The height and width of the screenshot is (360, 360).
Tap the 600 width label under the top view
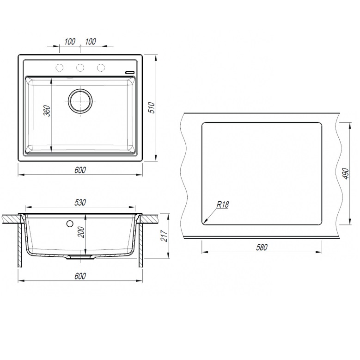pyautogui.click(x=80, y=170)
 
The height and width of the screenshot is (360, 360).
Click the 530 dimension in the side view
pyautogui.click(x=81, y=203)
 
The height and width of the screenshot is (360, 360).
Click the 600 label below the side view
pyautogui.click(x=80, y=276)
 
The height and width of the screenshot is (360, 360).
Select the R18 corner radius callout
pyautogui.click(x=222, y=204)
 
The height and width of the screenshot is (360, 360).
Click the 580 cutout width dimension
pyautogui.click(x=262, y=247)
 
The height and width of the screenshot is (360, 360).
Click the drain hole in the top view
pyautogui.click(x=80, y=100)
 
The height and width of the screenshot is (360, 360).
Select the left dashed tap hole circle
pyautogui.click(x=60, y=68)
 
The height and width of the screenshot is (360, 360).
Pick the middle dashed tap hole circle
pyautogui.click(x=80, y=68)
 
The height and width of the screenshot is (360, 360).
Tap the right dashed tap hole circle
pyautogui.click(x=101, y=68)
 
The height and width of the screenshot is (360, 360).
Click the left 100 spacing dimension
pyautogui.click(x=70, y=42)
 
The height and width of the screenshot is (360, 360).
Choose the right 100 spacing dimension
pyautogui.click(x=91, y=42)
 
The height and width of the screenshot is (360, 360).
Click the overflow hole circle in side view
pyautogui.click(x=70, y=224)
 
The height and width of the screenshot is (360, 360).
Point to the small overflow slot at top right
pyautogui.click(x=130, y=72)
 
